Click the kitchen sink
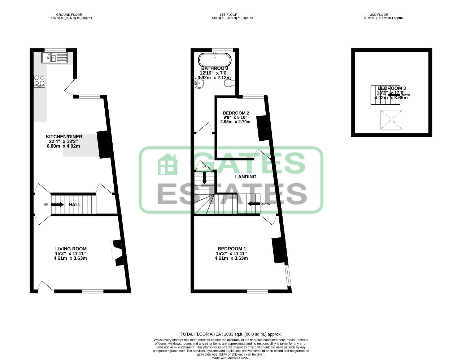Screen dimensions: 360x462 [54, 58]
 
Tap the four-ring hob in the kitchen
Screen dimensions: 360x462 [39, 81]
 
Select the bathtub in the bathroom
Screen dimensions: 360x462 [214, 59]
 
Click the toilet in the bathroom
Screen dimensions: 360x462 [229, 83]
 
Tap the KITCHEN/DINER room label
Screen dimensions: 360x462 [64, 137]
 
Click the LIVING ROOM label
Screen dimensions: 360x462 [71, 249]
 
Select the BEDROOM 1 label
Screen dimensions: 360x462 [232, 249]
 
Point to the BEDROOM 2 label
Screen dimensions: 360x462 [236, 113]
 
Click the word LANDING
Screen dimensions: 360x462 [245, 177]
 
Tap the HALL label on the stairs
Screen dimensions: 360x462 [75, 205]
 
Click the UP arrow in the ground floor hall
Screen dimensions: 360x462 [57, 205]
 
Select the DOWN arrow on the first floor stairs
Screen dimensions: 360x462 [254, 204]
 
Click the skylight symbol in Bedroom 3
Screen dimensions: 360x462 [391, 120]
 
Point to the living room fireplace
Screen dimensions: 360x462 [117, 253]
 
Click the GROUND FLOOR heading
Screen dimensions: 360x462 [69, 15]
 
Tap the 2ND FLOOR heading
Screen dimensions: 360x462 [379, 15]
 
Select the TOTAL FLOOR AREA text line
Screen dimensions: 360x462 [231, 334]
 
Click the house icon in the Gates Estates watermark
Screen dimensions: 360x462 [167, 164]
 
